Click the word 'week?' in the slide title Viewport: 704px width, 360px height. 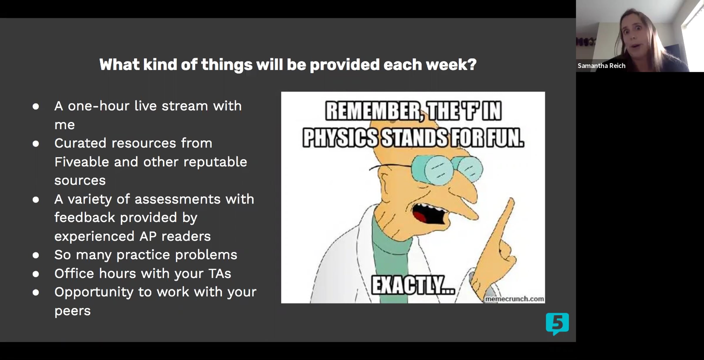[451, 64]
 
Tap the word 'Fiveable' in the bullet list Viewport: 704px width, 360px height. [82, 162]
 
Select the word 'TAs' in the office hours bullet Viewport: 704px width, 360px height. [220, 273]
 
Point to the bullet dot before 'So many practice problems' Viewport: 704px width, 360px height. [36, 255]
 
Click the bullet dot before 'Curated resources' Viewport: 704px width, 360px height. [36, 144]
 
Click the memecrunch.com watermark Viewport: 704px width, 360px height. [515, 299]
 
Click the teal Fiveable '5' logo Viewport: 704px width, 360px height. [557, 324]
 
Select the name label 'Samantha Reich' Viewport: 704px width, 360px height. [601, 66]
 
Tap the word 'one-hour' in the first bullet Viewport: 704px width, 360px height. [99, 106]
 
